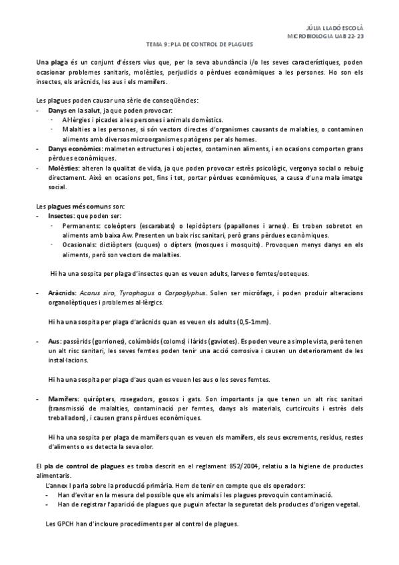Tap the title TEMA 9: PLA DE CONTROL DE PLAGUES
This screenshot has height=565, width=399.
(199, 45)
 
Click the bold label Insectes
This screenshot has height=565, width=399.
(61, 217)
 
